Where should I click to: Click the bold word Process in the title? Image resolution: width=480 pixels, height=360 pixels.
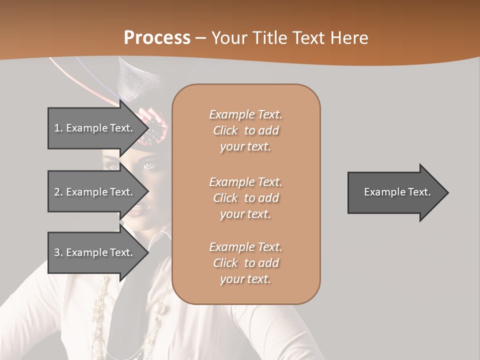157,38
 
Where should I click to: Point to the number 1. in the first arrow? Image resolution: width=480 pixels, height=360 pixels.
58,128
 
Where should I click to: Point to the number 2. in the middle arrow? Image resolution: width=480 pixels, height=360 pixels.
58,192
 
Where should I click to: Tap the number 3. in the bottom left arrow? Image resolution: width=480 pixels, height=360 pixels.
58,252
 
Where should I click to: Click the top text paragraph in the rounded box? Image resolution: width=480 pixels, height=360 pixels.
245,130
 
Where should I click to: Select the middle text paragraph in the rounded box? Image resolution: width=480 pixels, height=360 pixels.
245,198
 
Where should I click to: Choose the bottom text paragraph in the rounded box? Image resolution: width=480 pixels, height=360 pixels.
245,263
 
